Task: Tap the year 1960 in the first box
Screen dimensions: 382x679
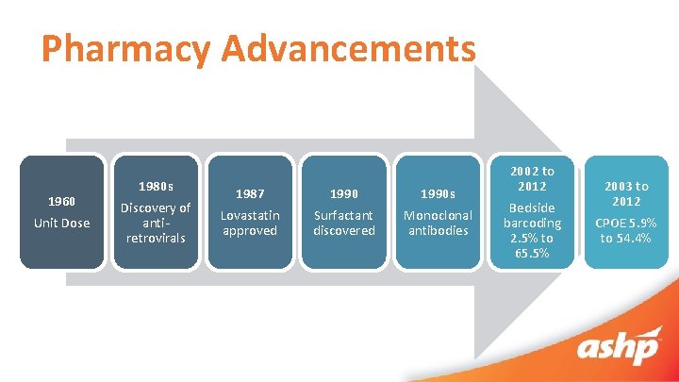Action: tap(62, 201)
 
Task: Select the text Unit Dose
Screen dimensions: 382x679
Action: tap(62, 223)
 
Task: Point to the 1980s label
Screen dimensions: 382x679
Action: tap(155, 186)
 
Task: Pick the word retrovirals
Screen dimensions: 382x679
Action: tap(155, 238)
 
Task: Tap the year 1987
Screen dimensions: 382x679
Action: tap(249, 193)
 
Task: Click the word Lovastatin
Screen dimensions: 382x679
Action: tap(249, 215)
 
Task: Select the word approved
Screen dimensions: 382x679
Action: tap(249, 230)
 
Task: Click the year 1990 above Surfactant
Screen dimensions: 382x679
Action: tap(344, 193)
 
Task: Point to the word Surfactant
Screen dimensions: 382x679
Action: tap(344, 215)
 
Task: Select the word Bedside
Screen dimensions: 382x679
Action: tap(532, 208)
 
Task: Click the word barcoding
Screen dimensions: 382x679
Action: tap(532, 223)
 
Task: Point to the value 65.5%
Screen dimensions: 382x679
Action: tap(532, 253)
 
